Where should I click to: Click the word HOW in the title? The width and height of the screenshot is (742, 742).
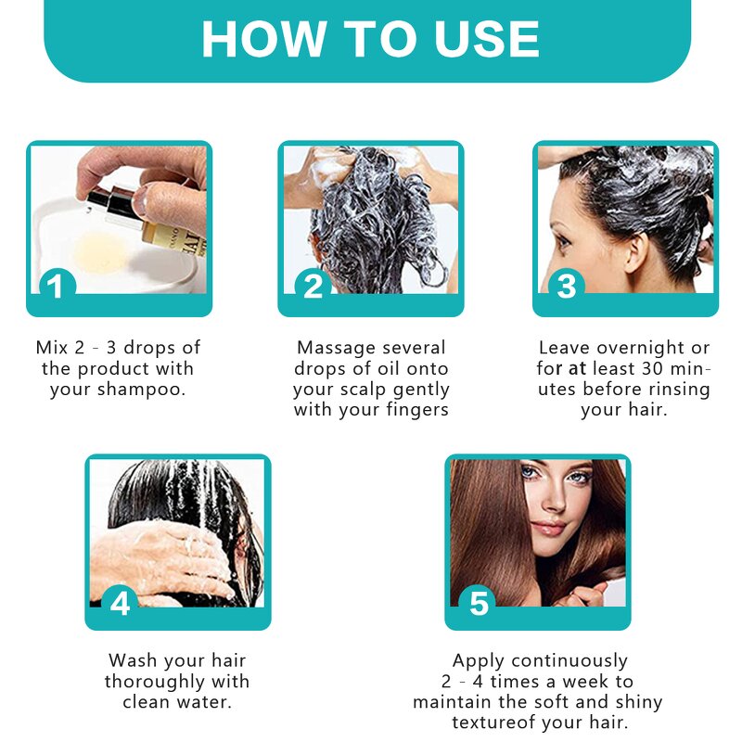point(251,39)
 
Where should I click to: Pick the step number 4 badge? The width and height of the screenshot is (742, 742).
point(120,602)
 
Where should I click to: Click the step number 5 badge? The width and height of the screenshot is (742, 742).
point(479,603)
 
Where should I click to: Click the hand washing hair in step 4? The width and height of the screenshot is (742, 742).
point(167,556)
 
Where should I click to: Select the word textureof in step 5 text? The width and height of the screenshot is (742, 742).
point(496,723)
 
